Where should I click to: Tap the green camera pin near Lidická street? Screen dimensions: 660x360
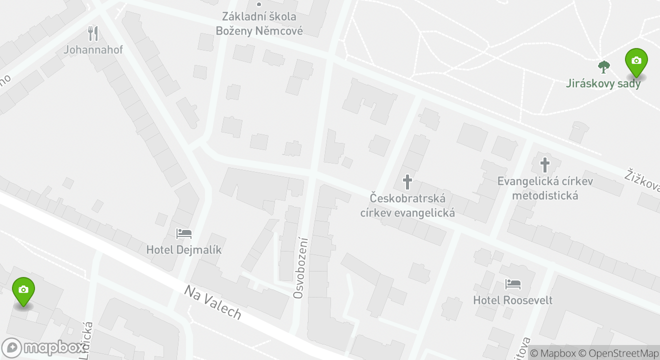click(x=23, y=290)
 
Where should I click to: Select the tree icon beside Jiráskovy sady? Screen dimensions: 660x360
click(x=604, y=66)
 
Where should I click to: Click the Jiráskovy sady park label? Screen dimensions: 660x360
click(x=603, y=83)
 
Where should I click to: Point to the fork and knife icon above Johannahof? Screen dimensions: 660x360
click(x=93, y=33)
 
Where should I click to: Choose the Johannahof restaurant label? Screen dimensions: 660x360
click(x=93, y=49)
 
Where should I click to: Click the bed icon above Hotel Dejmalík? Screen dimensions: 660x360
click(x=183, y=233)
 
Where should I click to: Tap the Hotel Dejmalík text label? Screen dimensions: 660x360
click(x=183, y=249)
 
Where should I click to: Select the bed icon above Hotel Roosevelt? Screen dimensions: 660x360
click(x=513, y=284)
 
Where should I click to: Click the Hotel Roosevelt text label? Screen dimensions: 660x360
click(x=513, y=300)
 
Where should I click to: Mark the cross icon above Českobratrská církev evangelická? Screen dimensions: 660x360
click(x=407, y=182)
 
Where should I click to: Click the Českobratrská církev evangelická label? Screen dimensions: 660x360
click(x=407, y=205)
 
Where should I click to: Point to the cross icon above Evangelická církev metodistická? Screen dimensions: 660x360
click(x=545, y=164)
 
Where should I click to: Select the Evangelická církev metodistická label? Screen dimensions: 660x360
click(x=545, y=187)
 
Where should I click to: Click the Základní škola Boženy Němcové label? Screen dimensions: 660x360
click(x=259, y=24)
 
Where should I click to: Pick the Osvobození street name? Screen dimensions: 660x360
click(x=299, y=267)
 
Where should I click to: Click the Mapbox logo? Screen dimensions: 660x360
click(x=43, y=347)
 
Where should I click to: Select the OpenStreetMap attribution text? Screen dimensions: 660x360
click(x=623, y=353)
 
